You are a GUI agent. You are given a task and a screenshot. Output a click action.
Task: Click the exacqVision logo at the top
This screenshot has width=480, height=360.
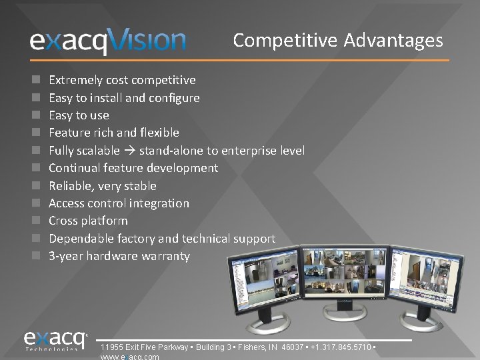coord(107,41)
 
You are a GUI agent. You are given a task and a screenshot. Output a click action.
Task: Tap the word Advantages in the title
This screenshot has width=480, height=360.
coord(393,41)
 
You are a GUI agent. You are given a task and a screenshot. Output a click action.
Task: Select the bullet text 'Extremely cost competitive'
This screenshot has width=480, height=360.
coord(122,80)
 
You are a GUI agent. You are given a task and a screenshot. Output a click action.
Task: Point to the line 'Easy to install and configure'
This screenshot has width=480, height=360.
coord(124,98)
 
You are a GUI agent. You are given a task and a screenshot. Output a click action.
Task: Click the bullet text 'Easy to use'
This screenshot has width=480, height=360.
coord(79,115)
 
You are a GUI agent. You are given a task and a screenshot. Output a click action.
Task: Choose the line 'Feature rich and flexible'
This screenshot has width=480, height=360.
coord(114,133)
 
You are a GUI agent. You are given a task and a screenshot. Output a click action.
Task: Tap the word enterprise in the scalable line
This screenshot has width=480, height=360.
coord(249,151)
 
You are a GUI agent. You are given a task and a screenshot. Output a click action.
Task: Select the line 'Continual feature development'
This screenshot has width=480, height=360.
coord(133,168)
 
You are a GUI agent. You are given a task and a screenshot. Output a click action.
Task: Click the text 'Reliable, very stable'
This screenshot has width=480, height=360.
coord(103,186)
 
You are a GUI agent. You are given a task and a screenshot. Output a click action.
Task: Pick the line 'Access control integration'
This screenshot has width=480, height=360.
coord(119,203)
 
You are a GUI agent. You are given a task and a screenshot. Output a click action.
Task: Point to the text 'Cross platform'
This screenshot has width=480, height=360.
coord(88,221)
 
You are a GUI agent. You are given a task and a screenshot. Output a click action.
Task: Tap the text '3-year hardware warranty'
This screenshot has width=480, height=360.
coord(119,256)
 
